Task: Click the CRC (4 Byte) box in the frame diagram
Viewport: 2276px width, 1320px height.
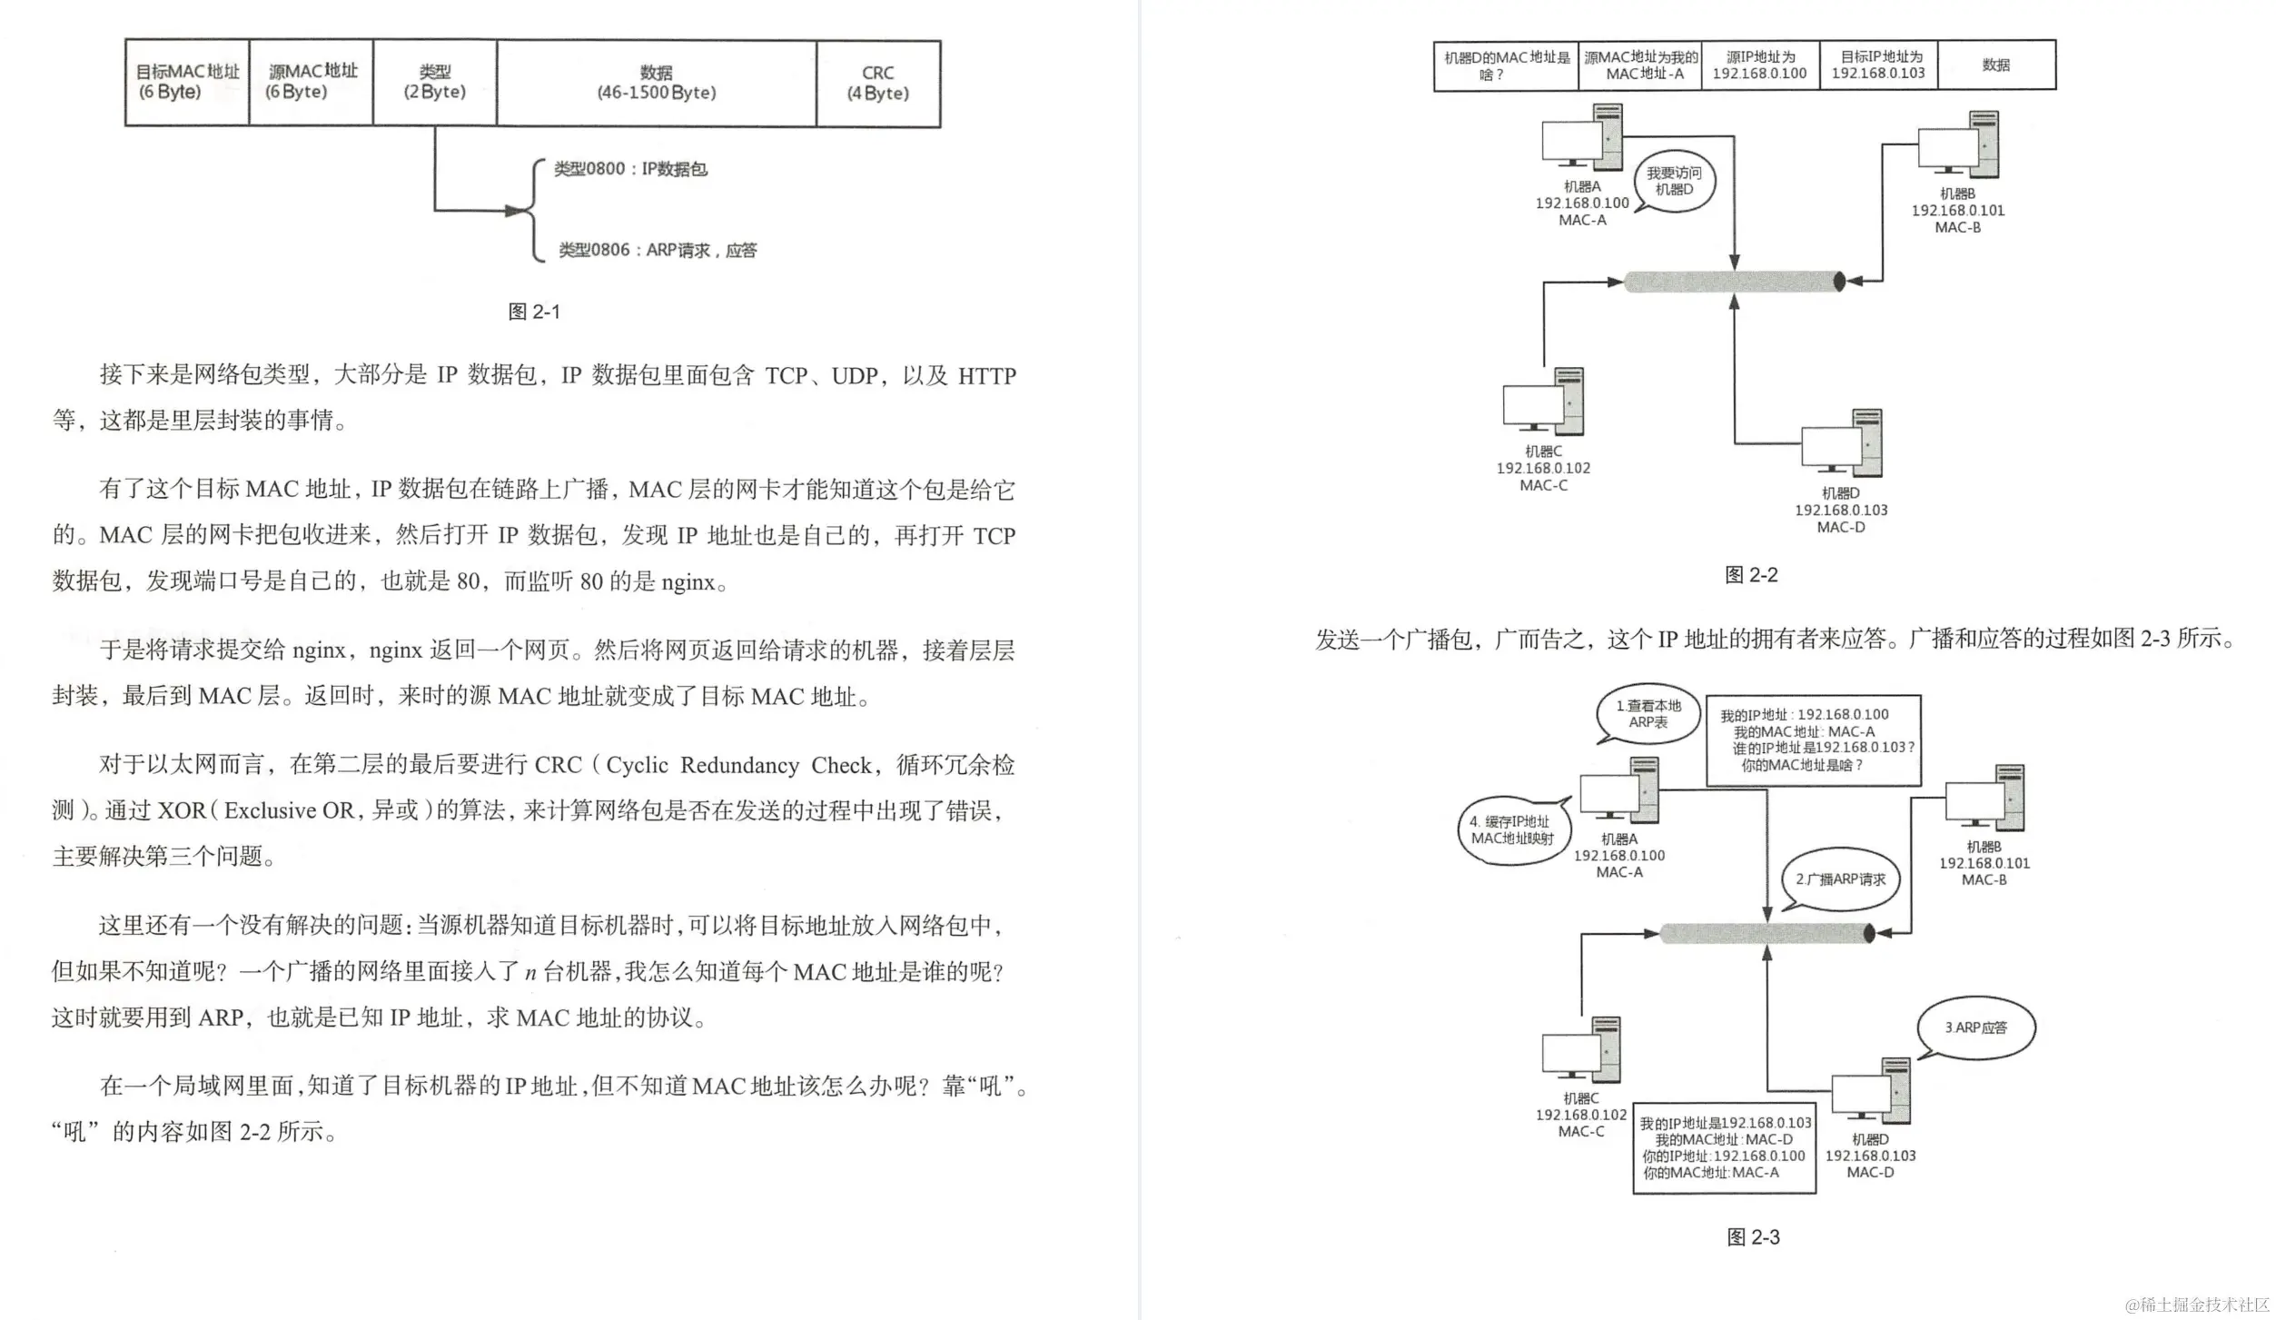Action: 877,83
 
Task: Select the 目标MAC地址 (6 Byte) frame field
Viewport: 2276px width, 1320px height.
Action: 187,82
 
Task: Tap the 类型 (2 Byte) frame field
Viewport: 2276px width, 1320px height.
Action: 434,82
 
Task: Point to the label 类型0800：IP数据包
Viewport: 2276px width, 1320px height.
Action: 630,169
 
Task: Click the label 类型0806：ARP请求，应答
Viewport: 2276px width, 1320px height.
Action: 657,250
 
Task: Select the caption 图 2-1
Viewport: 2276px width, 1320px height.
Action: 534,312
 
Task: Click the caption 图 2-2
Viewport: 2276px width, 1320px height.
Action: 1751,575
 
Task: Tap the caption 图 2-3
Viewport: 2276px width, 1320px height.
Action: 1753,1237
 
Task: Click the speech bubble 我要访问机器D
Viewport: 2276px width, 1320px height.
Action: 1674,181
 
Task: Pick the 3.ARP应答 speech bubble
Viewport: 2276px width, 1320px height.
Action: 1975,1027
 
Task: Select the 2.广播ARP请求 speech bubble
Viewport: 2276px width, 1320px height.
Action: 1840,879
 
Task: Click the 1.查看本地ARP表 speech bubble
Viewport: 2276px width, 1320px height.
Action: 1648,713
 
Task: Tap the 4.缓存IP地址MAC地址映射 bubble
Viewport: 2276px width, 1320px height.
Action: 1512,830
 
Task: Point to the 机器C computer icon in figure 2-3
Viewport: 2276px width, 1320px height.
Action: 1581,1051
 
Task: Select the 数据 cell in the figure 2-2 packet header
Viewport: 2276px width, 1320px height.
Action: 1995,65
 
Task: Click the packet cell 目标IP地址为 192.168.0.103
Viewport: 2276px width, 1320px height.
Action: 1877,65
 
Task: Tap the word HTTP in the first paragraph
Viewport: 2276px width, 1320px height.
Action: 986,375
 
